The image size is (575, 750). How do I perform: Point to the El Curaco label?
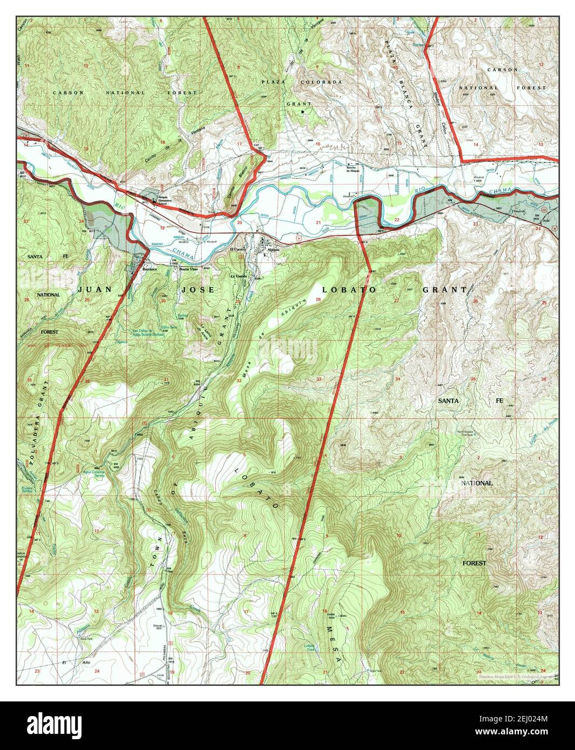point(238,250)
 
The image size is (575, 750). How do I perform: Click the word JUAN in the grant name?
point(95,290)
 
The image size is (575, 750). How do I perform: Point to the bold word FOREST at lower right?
point(474,563)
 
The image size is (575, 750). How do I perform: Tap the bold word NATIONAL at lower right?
point(477,483)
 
